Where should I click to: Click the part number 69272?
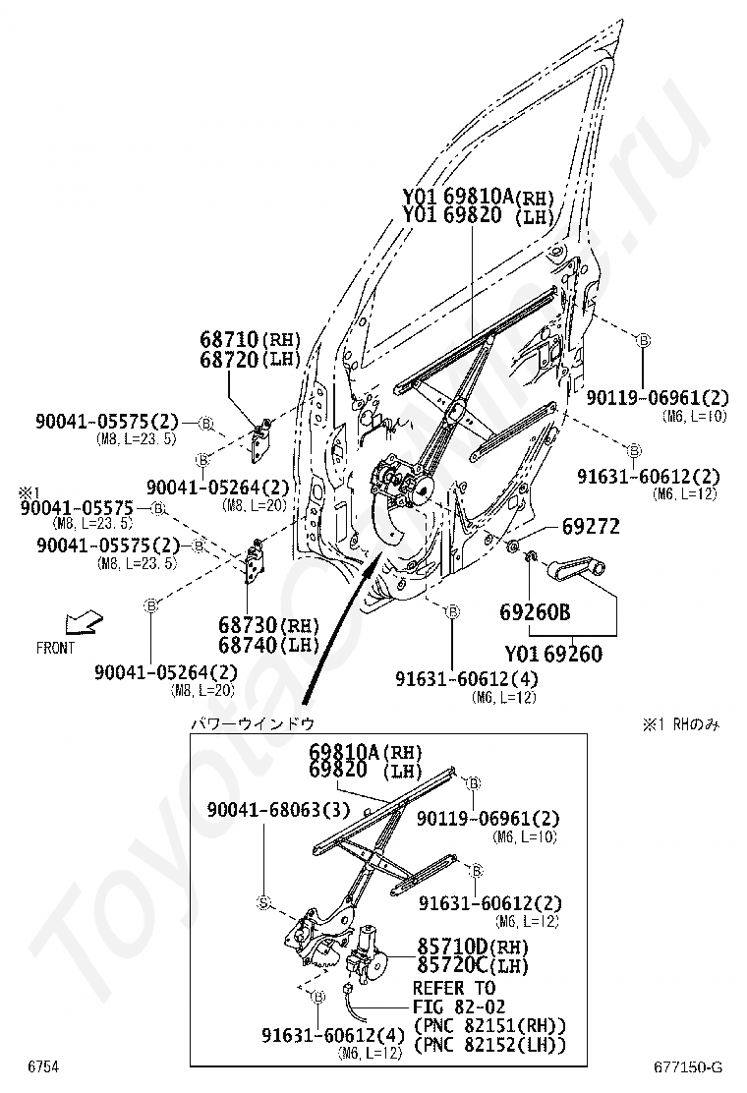pyautogui.click(x=591, y=527)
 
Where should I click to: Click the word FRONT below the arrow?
pyautogui.click(x=55, y=649)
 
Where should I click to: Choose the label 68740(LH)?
pyautogui.click(x=256, y=644)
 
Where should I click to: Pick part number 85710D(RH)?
pyautogui.click(x=472, y=948)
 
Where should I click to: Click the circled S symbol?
pyautogui.click(x=263, y=902)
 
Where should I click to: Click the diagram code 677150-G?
pyautogui.click(x=688, y=1067)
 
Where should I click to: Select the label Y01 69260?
pyautogui.click(x=553, y=654)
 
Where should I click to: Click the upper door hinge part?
pyautogui.click(x=262, y=438)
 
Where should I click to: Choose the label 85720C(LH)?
pyautogui.click(x=472, y=966)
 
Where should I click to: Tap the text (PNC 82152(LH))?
pyautogui.click(x=490, y=1045)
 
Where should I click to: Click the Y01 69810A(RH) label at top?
pyautogui.click(x=478, y=196)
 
